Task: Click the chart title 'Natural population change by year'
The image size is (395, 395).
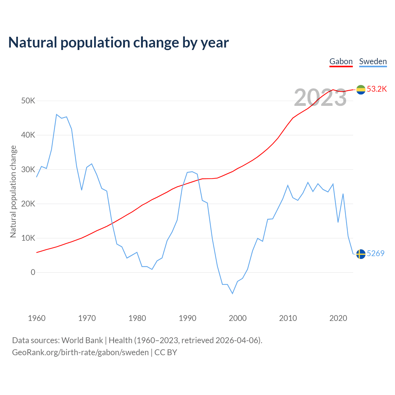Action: (x=118, y=43)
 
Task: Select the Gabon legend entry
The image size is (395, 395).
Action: (x=341, y=61)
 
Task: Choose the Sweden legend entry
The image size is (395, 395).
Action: (x=373, y=61)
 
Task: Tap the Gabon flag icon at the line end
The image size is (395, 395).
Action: (x=361, y=89)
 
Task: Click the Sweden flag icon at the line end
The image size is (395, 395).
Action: (x=361, y=254)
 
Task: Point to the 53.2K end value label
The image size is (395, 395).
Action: (x=377, y=89)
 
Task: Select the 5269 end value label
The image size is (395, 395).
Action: (x=376, y=254)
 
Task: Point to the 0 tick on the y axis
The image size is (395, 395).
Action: (x=33, y=272)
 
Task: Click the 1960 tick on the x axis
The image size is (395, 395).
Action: (x=37, y=318)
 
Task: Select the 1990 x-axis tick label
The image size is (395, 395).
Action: (x=187, y=318)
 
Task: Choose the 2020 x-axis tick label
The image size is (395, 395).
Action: (x=338, y=318)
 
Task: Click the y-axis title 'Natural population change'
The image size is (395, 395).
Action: (x=13, y=192)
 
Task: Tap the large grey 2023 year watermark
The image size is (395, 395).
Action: (x=320, y=98)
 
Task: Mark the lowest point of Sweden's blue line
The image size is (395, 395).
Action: (x=232, y=293)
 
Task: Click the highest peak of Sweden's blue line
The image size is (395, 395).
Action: (x=56, y=114)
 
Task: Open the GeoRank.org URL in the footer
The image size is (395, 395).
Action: (x=80, y=352)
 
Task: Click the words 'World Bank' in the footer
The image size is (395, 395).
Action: (x=82, y=340)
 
